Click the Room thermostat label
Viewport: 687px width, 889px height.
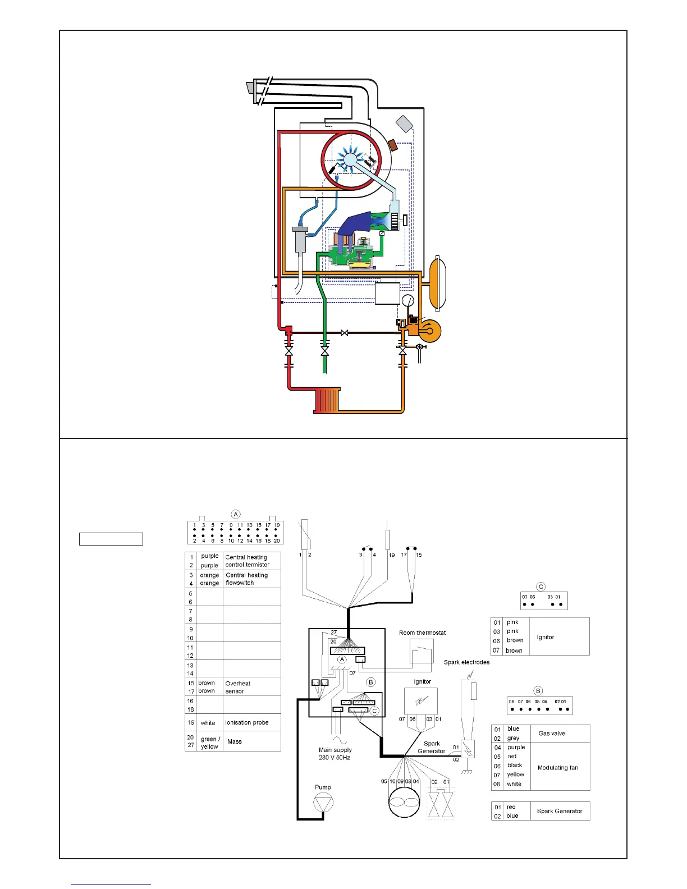tap(422, 633)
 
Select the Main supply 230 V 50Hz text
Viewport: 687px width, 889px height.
tap(335, 754)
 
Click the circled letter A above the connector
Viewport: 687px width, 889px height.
tap(236, 514)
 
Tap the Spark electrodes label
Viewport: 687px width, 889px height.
tap(466, 662)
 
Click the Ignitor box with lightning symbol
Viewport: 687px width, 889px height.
tap(421, 702)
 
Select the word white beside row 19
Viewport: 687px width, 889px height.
tap(208, 723)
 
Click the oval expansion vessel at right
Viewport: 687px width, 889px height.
tap(437, 283)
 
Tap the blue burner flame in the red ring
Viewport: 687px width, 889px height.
tap(350, 159)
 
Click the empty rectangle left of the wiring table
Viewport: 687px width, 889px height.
tap(111, 539)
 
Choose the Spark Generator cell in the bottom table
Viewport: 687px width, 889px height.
tap(560, 811)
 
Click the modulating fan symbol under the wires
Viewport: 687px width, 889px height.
tap(404, 803)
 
